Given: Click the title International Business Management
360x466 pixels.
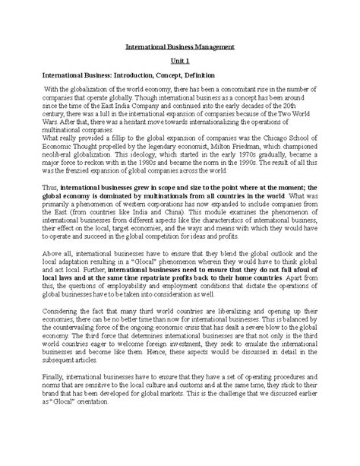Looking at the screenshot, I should pyautogui.click(x=180, y=47).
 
